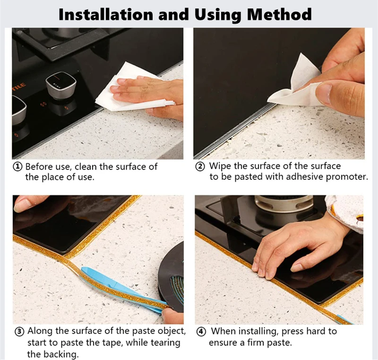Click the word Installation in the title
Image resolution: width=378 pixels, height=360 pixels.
106,15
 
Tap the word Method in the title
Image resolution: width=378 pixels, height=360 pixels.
279,15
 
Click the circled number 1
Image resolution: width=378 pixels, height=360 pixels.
17,166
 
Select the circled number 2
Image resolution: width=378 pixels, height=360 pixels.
200,166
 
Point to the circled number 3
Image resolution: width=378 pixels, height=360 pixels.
20,332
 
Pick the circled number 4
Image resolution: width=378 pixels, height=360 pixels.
201,332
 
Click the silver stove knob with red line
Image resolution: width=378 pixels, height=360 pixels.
61,86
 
